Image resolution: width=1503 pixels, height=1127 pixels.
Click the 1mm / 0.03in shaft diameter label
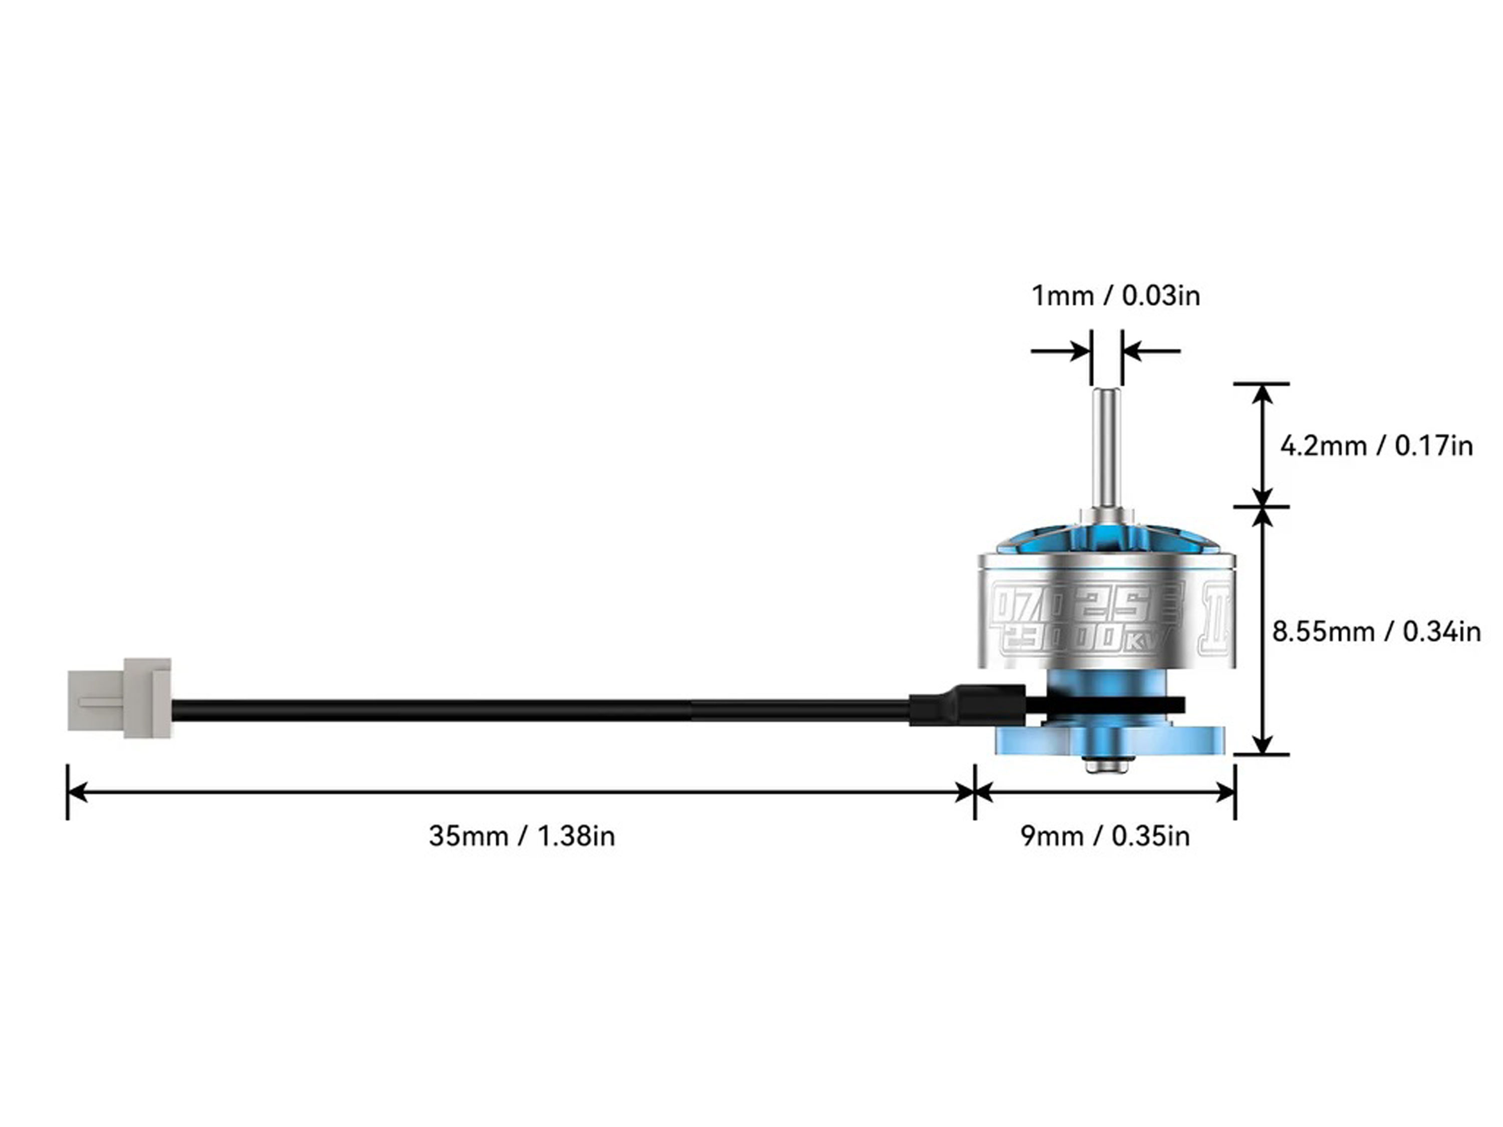pos(1116,296)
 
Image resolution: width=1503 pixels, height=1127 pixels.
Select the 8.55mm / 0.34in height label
pos(1376,632)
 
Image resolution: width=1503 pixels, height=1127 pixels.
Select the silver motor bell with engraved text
pos(1106,612)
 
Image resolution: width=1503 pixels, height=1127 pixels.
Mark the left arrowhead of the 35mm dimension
pos(76,792)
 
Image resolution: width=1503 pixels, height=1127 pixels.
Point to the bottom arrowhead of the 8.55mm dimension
pos(1262,744)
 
